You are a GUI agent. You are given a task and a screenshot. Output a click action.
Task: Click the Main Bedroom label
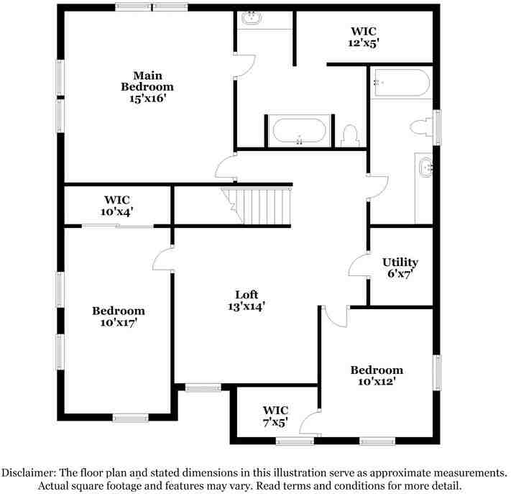147,86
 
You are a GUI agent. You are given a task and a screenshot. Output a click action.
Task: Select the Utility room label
400,267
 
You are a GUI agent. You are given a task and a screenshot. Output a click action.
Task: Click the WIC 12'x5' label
364,37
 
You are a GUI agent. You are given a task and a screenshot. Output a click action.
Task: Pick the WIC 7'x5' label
275,416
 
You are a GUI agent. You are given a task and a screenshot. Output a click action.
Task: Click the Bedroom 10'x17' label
118,316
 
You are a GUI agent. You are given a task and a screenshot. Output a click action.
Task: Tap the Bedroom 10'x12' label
377,375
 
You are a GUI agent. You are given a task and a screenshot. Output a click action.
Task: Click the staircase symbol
257,206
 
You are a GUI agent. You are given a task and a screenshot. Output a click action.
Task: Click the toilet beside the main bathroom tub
350,134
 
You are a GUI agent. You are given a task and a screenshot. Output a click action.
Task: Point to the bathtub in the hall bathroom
400,83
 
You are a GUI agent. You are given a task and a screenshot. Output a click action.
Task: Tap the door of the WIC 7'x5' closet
311,422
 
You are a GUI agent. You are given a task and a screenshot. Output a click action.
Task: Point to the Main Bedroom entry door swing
226,170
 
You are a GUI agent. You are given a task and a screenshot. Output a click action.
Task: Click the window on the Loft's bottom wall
203,388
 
